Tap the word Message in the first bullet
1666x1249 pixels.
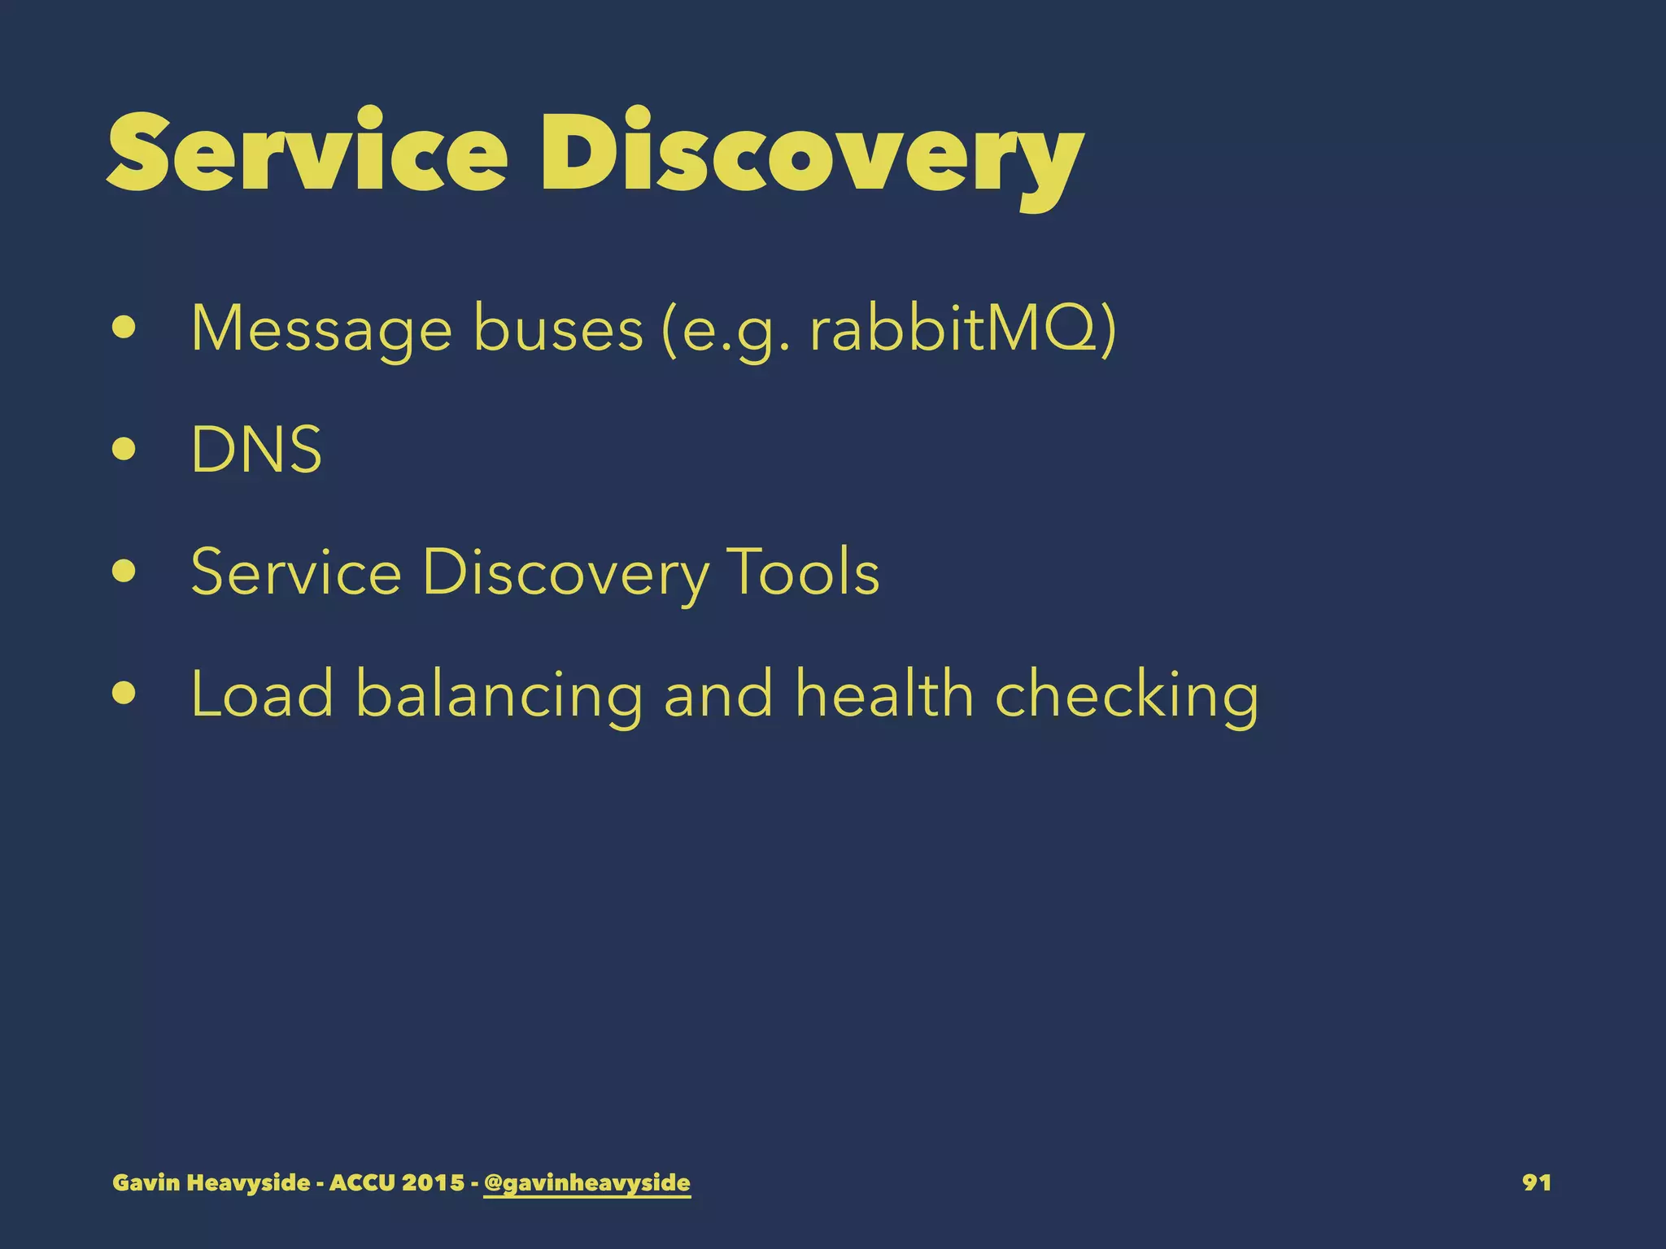321,329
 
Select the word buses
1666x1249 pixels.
558,329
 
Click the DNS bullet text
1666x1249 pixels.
256,450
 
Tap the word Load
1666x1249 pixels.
262,694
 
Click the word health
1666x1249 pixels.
884,694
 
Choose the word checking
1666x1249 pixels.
1127,695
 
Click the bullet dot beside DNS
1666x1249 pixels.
124,450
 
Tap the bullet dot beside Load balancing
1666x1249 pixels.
124,694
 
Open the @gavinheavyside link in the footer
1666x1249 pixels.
587,1182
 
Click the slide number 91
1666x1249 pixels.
1536,1182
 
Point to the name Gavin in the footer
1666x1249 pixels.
146,1182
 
